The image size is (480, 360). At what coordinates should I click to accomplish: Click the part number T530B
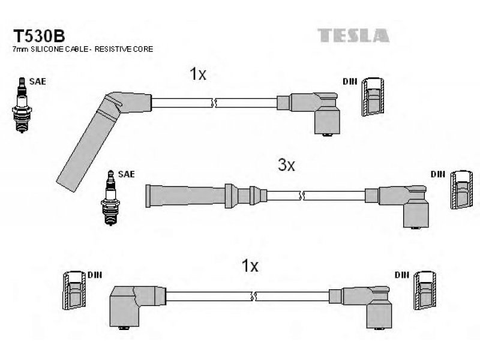pyautogui.click(x=39, y=36)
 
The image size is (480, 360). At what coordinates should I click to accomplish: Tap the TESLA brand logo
pyautogui.click(x=353, y=35)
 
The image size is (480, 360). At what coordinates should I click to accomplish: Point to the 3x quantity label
pyautogui.click(x=286, y=166)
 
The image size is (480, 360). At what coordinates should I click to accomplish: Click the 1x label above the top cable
pyautogui.click(x=198, y=74)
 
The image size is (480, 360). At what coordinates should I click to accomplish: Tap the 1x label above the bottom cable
pyautogui.click(x=250, y=266)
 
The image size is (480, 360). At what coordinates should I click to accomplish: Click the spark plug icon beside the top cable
pyautogui.click(x=22, y=105)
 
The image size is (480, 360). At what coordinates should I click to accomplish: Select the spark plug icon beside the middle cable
pyautogui.click(x=110, y=198)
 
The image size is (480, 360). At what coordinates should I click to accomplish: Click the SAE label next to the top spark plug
pyautogui.click(x=38, y=82)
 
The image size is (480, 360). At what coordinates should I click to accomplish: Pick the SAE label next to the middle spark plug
pyautogui.click(x=127, y=174)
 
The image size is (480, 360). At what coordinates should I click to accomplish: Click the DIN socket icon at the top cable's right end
pyautogui.click(x=373, y=97)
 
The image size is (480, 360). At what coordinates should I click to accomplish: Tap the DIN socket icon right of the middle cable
pyautogui.click(x=461, y=190)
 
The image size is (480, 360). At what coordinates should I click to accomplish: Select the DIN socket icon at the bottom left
pyautogui.click(x=74, y=290)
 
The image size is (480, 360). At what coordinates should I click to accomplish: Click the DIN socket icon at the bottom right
pyautogui.click(x=425, y=290)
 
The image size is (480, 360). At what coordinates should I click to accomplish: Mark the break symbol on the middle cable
pyautogui.click(x=302, y=196)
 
